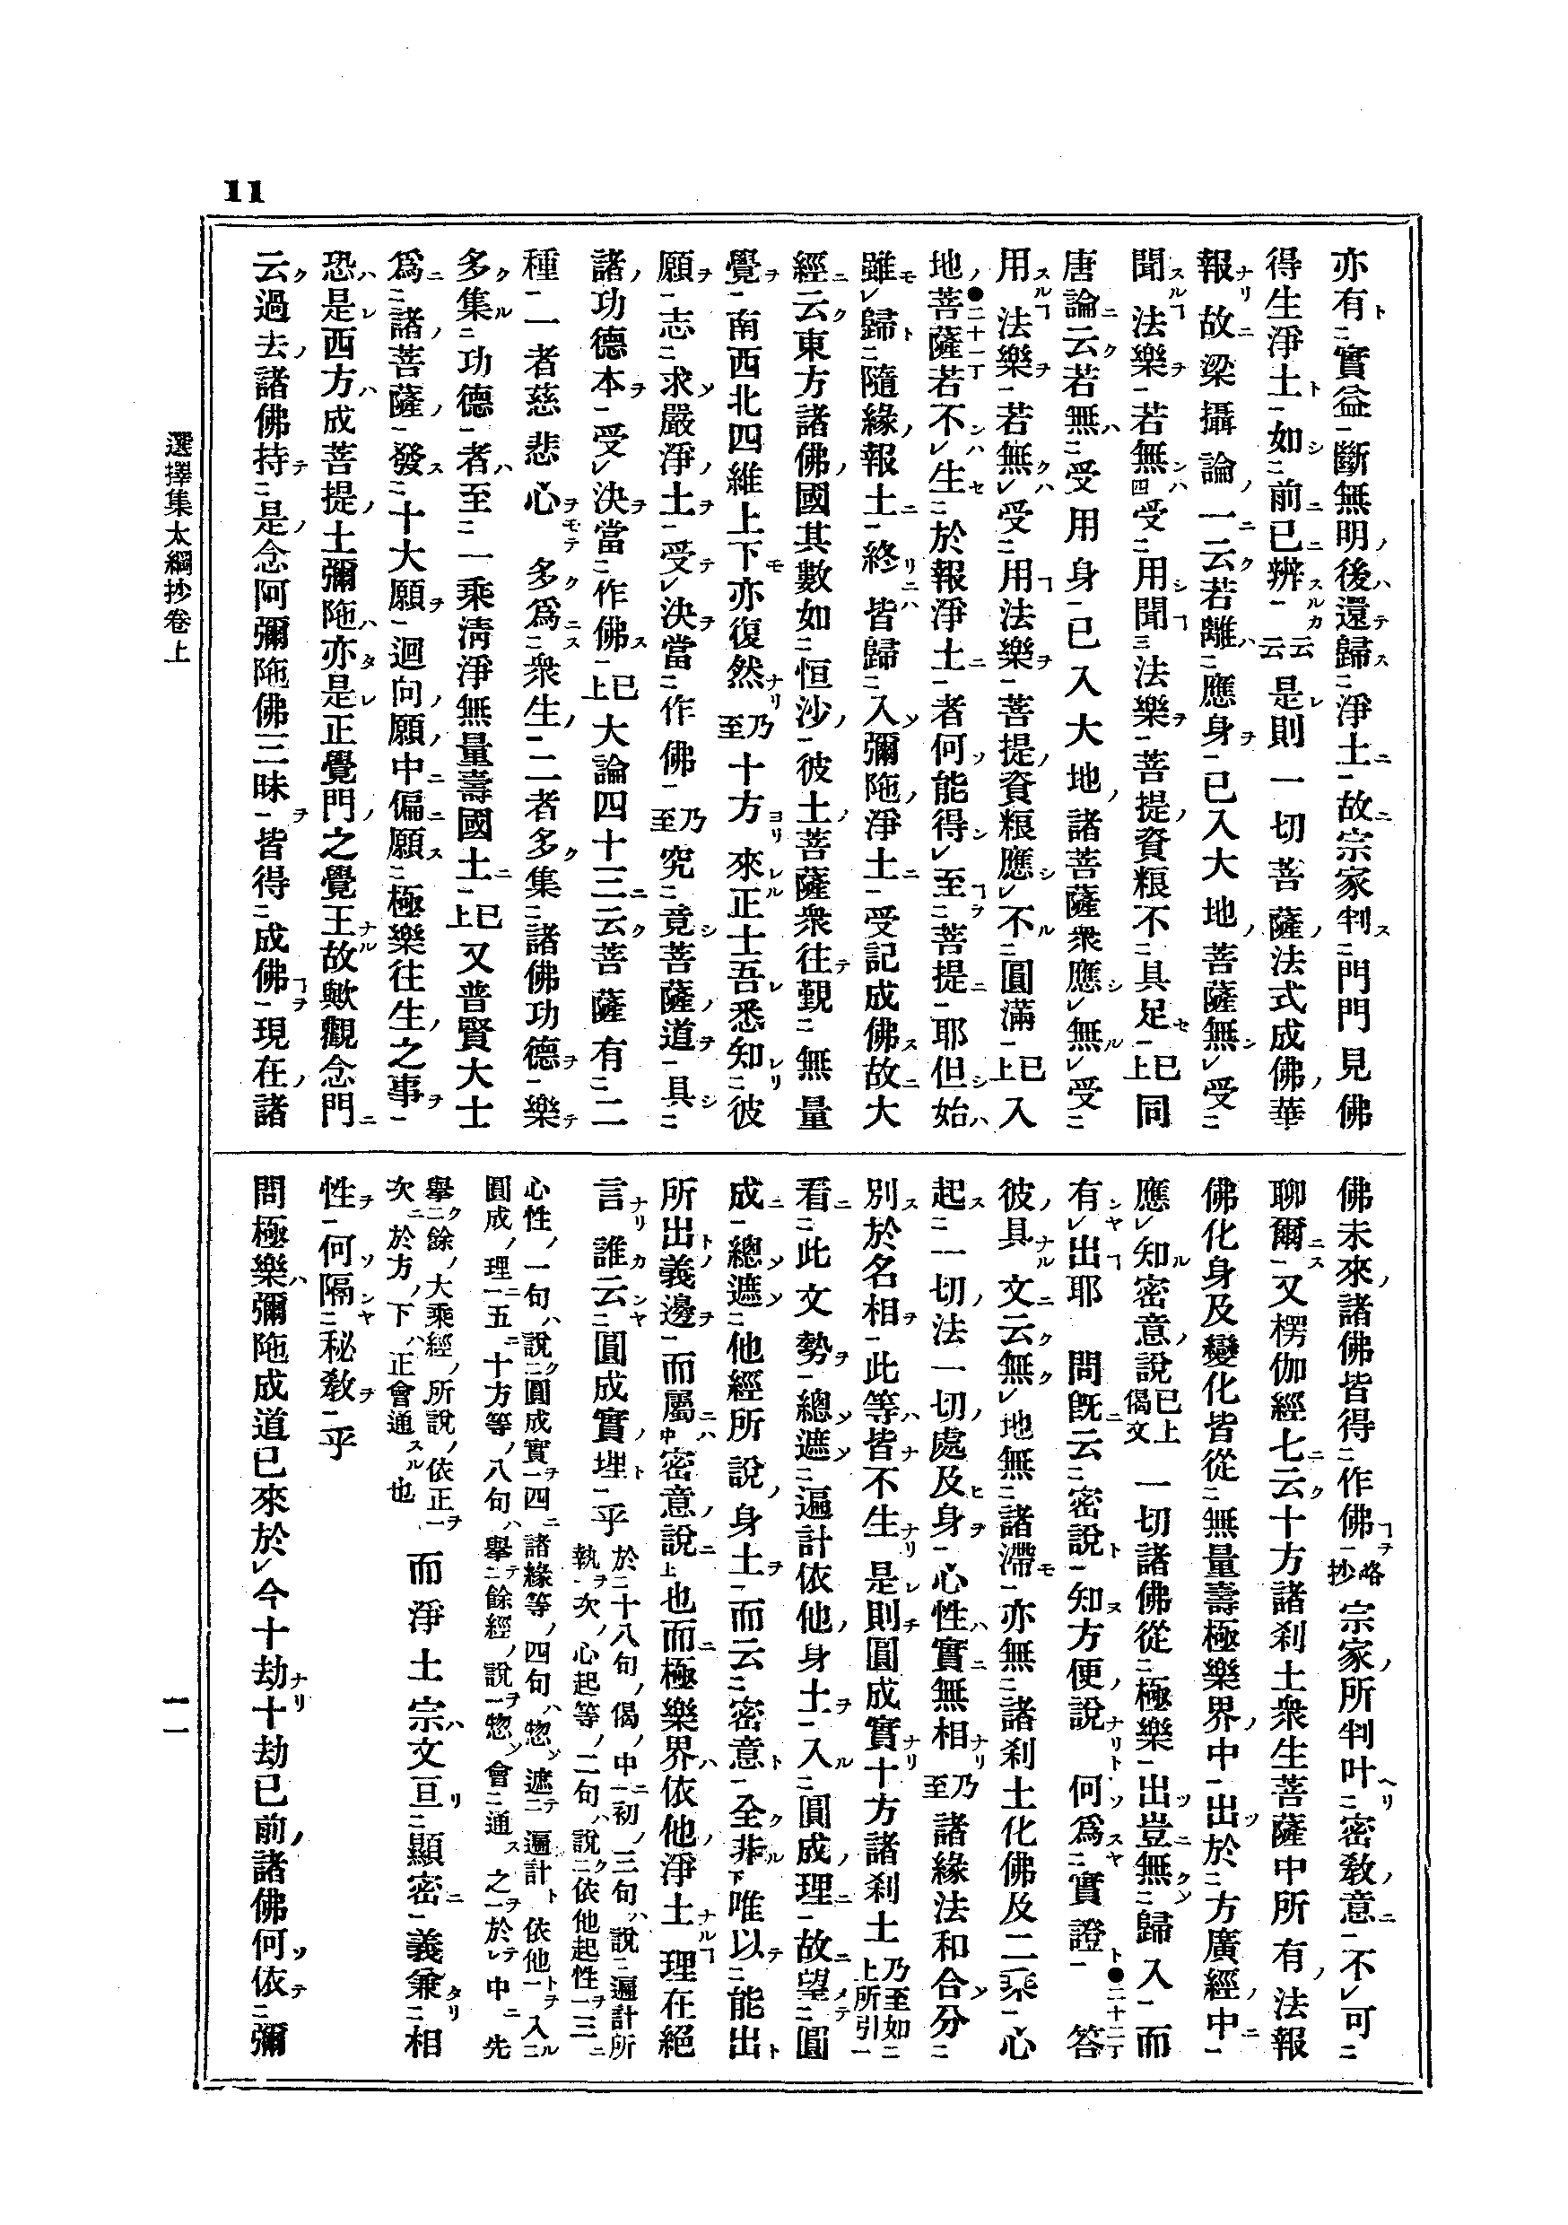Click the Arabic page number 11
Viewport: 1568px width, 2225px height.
point(243,191)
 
